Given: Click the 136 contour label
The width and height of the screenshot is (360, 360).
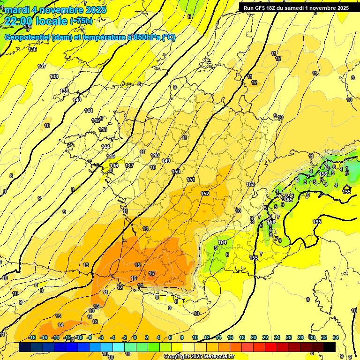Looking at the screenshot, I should click(x=32, y=49).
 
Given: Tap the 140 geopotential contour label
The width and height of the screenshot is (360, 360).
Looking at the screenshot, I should click(x=77, y=100).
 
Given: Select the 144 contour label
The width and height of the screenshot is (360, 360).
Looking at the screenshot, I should click(x=105, y=147).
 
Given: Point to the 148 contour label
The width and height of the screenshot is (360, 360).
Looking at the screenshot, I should click(x=155, y=155).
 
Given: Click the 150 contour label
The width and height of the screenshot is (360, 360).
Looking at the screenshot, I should click(x=176, y=172).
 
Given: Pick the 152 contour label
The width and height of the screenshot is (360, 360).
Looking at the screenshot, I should click(x=205, y=194).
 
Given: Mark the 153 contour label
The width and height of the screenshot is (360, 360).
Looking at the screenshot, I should click(x=250, y=184).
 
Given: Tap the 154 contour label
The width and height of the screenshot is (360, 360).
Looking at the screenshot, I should click(x=222, y=242).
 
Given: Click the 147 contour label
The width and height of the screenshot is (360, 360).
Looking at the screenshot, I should click(x=129, y=165).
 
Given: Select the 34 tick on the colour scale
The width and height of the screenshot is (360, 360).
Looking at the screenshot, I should click(x=335, y=337).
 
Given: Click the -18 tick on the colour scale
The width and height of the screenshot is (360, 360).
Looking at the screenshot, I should click(x=32, y=337).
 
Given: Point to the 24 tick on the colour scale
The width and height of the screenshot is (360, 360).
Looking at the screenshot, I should click(x=277, y=337).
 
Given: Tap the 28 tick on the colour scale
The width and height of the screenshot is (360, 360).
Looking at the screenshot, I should click(x=300, y=337).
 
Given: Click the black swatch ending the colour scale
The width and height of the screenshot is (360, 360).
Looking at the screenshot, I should click(x=330, y=347).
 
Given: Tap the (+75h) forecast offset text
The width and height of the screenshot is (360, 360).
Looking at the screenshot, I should click(x=81, y=21).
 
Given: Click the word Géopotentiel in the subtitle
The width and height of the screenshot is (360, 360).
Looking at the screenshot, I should click(x=28, y=37).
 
